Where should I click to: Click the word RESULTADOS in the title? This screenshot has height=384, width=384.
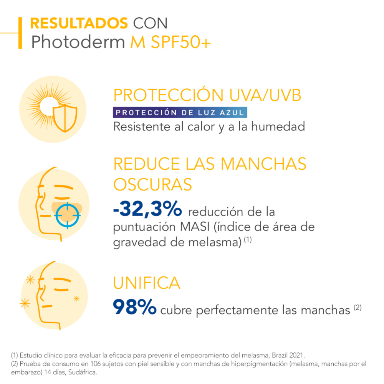(x=79, y=23)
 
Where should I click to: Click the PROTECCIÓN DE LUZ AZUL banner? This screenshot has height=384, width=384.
(x=180, y=113)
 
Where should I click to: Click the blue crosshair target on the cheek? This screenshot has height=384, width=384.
(x=68, y=216)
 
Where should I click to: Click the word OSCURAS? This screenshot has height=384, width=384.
(x=152, y=185)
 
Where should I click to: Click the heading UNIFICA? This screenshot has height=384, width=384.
(x=146, y=283)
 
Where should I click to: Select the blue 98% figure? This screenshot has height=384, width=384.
(x=134, y=307)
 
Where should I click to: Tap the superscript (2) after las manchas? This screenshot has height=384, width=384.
(x=358, y=308)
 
